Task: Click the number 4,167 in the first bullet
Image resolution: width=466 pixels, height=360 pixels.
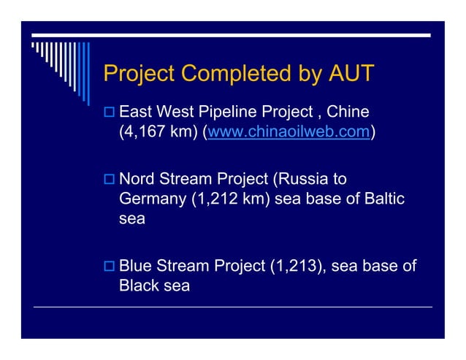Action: pos(147,134)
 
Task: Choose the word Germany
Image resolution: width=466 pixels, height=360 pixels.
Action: pos(152,200)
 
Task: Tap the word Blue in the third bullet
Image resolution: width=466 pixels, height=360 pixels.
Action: pos(135,266)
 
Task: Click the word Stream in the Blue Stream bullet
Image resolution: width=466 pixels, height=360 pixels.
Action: pos(183,266)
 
